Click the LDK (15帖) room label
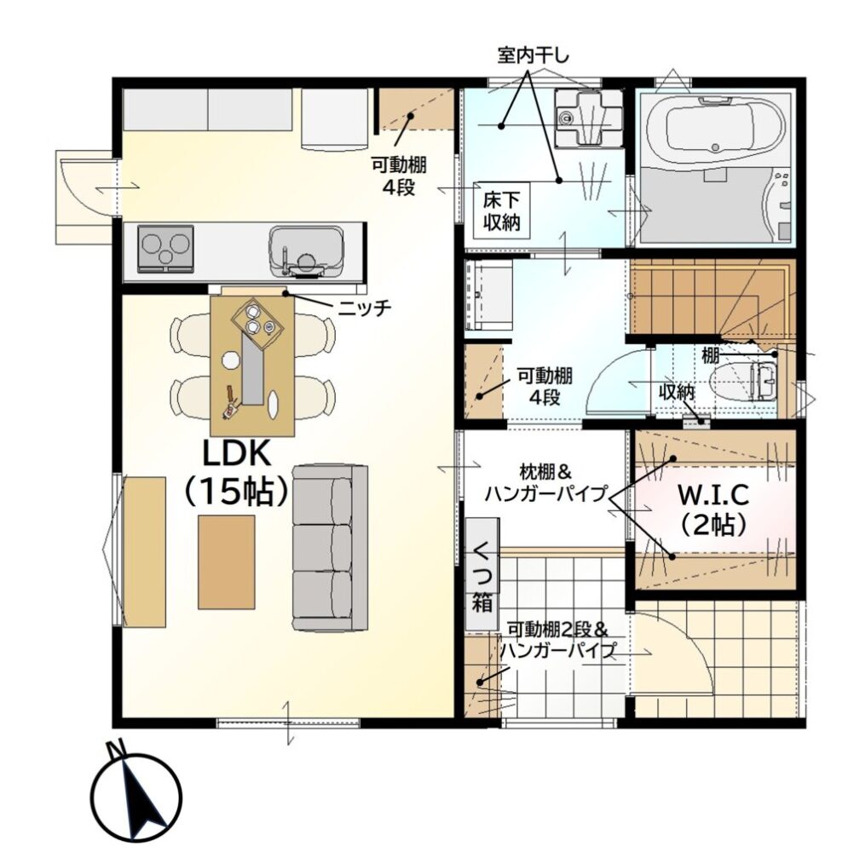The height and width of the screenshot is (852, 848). click(236, 472)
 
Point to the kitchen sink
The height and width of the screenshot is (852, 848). click(307, 251)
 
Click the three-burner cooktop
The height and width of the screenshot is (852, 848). click(166, 249)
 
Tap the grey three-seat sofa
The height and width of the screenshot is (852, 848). click(330, 548)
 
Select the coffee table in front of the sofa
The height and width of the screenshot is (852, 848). click(226, 562)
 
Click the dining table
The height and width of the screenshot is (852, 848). click(253, 366)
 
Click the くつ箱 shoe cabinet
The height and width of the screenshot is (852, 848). click(482, 573)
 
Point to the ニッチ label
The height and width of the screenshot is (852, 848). click(364, 308)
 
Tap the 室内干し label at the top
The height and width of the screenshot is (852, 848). click(533, 55)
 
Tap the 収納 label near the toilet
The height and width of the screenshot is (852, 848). click(677, 392)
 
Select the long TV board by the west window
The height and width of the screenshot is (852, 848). click(145, 551)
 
